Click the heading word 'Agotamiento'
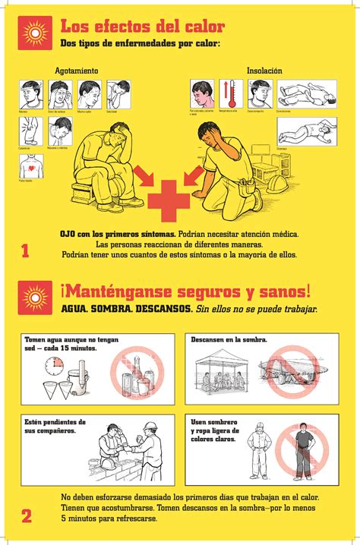click(71, 71)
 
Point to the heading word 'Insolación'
click(264, 71)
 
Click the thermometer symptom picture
click(231, 93)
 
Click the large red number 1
click(26, 250)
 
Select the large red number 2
click(27, 517)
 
